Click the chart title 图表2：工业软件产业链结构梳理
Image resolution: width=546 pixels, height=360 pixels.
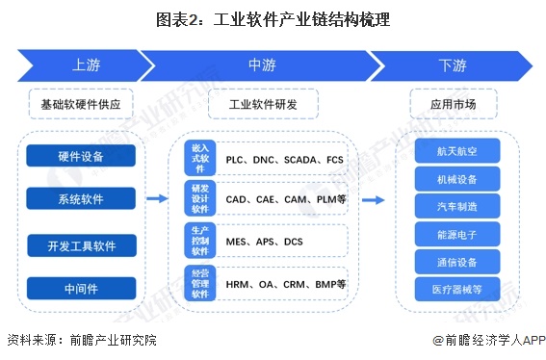pos(273,18)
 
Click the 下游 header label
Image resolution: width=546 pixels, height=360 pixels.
pos(452,65)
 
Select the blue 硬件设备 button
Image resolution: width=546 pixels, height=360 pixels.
pos(81,156)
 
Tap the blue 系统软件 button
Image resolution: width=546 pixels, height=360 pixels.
pos(81,199)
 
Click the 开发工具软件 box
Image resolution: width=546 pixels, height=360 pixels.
pos(81,244)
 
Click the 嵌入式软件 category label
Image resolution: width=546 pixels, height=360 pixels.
pos(200,158)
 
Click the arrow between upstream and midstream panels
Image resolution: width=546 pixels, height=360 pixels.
pos(156,199)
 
